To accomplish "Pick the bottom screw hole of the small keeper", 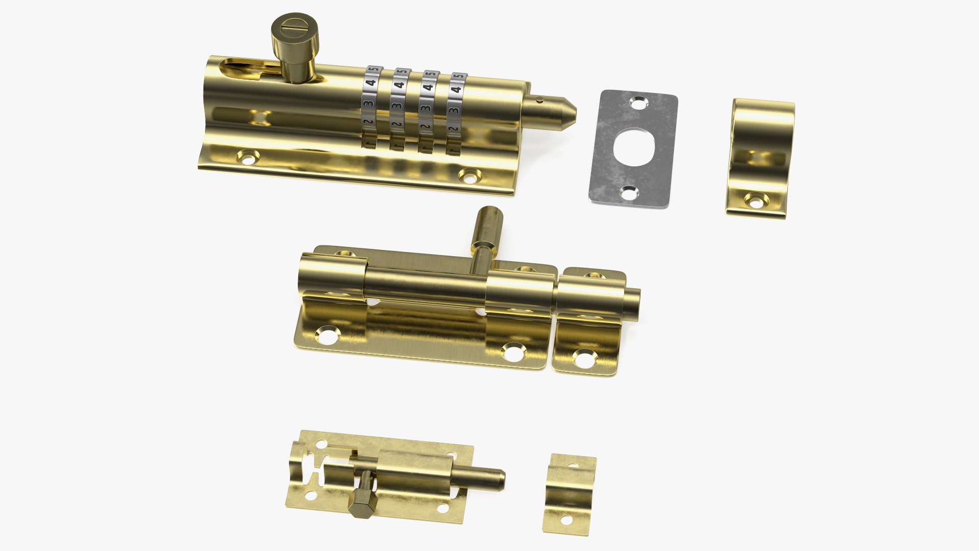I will (x=565, y=521).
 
